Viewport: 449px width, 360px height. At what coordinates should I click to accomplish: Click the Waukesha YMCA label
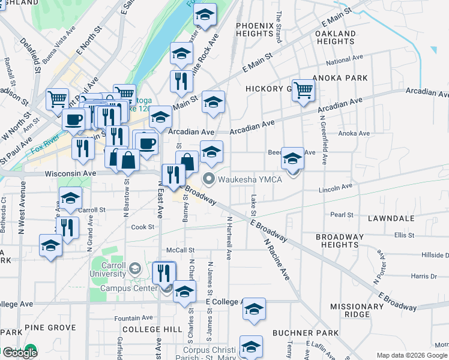pyautogui.click(x=250, y=179)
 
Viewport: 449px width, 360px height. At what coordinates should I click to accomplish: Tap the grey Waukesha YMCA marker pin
pyautogui.click(x=209, y=178)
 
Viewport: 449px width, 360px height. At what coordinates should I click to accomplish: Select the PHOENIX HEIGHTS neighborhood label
pyautogui.click(x=255, y=30)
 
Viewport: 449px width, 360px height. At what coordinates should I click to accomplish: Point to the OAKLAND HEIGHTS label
pyautogui.click(x=335, y=37)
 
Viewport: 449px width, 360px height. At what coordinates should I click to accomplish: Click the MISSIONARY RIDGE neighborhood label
pyautogui.click(x=358, y=310)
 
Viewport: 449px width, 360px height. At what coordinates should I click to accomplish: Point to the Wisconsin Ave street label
pyautogui.click(x=71, y=173)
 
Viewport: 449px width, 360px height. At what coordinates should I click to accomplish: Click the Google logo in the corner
pyautogui.click(x=20, y=353)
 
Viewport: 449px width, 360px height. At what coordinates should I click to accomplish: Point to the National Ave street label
pyautogui.click(x=345, y=60)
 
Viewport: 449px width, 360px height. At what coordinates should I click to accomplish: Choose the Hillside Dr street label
pyautogui.click(x=435, y=256)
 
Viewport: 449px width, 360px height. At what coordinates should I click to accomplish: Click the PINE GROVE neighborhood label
pyautogui.click(x=55, y=328)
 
